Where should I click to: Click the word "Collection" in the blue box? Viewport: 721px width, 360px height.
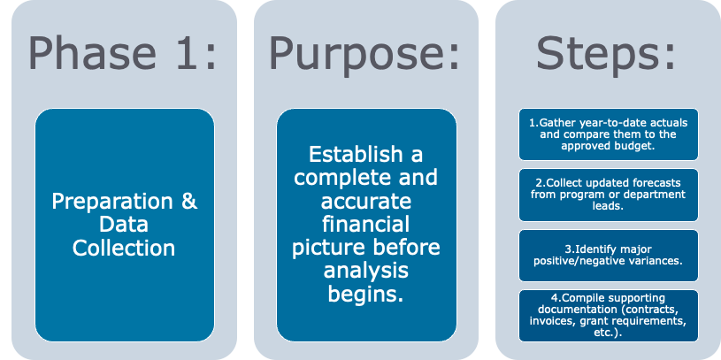pyautogui.click(x=124, y=248)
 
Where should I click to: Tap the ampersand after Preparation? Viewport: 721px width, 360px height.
pyautogui.click(x=188, y=201)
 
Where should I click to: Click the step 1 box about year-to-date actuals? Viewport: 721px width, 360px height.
pyautogui.click(x=608, y=134)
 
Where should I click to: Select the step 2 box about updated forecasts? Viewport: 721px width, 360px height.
pyautogui.click(x=608, y=195)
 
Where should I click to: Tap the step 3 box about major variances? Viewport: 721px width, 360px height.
pyautogui.click(x=608, y=256)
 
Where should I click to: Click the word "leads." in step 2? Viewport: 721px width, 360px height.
pyautogui.click(x=608, y=206)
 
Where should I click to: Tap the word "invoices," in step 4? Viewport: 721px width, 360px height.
pyautogui.click(x=560, y=322)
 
